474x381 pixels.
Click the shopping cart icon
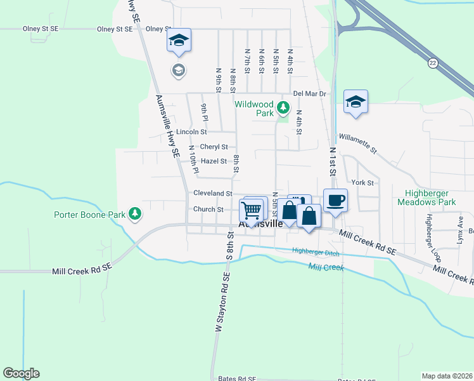[252, 210]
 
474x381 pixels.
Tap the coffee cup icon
[335, 201]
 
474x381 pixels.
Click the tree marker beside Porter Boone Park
[134, 215]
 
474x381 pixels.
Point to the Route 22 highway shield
[433, 62]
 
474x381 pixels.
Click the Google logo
[21, 373]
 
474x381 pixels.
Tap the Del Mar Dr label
[309, 93]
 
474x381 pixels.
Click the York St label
[362, 182]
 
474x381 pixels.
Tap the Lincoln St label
[192, 132]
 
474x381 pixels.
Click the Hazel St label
[214, 161]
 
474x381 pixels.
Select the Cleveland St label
[213, 193]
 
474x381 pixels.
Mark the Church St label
[208, 209]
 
